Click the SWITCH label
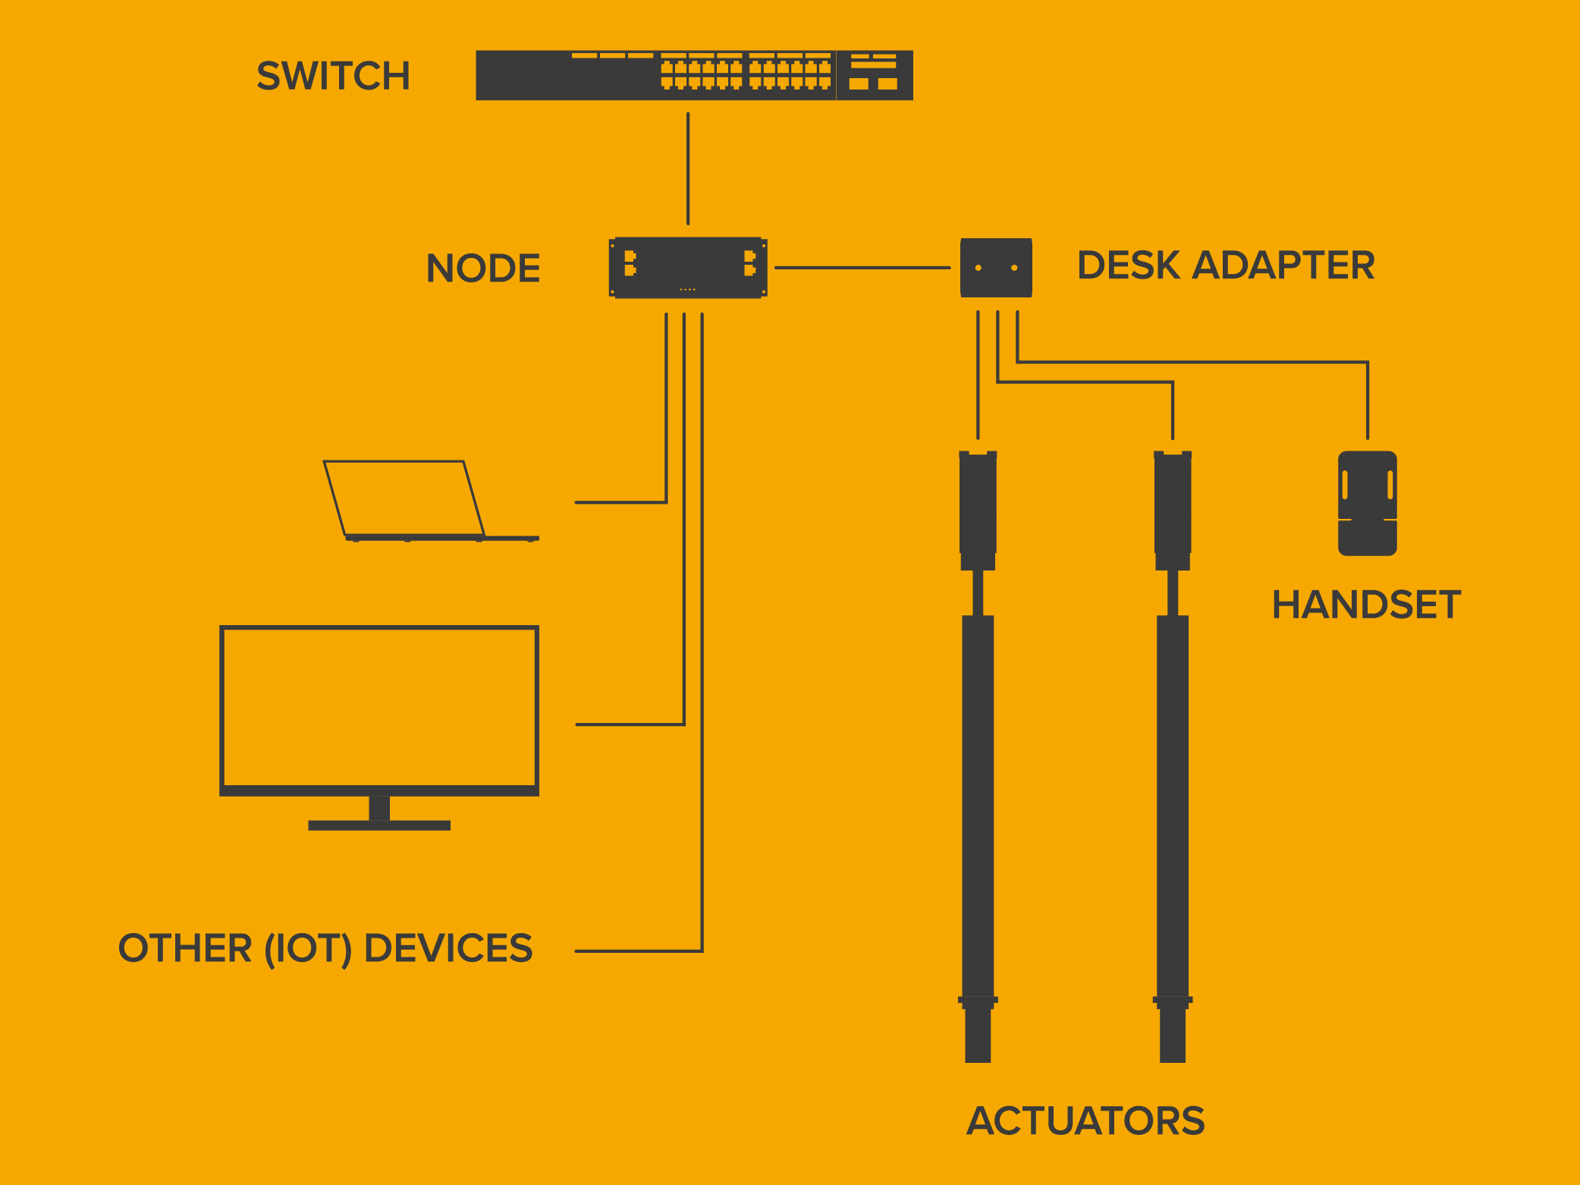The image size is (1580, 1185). click(333, 76)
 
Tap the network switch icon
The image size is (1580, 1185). click(694, 75)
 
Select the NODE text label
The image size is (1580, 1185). click(483, 268)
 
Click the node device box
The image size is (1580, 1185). click(688, 268)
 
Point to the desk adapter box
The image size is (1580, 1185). click(996, 268)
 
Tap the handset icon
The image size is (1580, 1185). click(1368, 504)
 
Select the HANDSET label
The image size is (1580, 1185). click(1366, 605)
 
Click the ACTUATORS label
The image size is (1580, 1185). click(1085, 1121)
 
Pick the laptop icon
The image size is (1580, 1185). click(431, 501)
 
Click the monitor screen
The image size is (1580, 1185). click(379, 709)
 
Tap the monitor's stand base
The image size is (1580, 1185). click(379, 825)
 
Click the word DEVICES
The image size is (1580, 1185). click(448, 948)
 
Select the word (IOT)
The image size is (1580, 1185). click(308, 949)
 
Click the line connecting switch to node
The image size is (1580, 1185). click(688, 168)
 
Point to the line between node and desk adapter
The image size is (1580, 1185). click(862, 268)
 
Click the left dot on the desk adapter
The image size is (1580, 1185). click(978, 268)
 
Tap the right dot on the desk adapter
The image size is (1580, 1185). click(1014, 268)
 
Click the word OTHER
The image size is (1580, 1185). click(185, 948)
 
